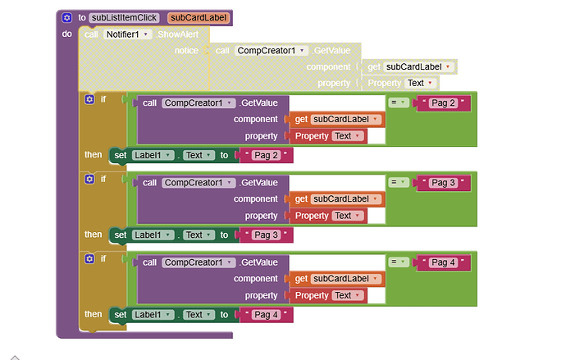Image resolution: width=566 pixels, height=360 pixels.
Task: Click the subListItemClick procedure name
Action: click(124, 17)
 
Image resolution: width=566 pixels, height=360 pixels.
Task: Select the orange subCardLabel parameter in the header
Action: click(199, 17)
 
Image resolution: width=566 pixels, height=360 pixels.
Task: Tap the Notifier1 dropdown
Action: click(128, 34)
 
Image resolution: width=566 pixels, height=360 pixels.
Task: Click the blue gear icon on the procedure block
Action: click(67, 17)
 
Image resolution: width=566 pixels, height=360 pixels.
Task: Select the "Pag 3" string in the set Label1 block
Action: click(266, 235)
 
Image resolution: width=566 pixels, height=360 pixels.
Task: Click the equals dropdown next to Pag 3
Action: click(398, 182)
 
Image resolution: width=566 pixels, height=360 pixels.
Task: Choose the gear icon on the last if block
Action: click(89, 259)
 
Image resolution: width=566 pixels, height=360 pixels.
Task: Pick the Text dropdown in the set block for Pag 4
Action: click(197, 314)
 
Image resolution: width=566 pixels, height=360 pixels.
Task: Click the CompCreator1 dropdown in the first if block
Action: click(196, 103)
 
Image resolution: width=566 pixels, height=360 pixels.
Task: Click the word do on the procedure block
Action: click(67, 34)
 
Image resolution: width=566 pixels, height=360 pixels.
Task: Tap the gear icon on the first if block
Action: click(89, 99)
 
